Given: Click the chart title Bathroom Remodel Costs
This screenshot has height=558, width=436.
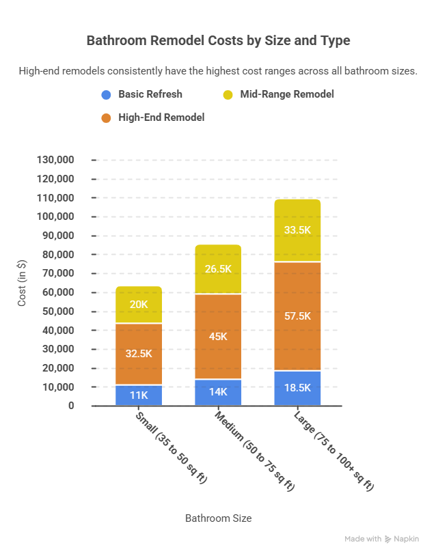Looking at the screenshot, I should [218, 41].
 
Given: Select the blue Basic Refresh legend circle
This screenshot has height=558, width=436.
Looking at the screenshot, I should [106, 95].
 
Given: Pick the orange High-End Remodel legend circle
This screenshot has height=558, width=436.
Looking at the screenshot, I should [106, 118].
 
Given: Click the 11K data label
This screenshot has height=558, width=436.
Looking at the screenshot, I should [138, 395].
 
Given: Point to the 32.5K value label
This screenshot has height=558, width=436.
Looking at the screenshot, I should [138, 354].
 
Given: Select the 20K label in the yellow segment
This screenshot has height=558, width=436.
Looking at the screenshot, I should [138, 305].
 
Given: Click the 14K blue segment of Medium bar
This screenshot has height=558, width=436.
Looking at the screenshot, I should [218, 393].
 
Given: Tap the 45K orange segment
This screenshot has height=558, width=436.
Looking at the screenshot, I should [218, 336].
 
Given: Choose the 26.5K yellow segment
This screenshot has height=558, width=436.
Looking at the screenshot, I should [218, 269].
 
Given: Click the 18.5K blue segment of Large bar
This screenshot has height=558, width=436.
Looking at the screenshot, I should [297, 388].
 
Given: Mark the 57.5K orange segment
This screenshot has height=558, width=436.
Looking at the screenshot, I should [297, 316].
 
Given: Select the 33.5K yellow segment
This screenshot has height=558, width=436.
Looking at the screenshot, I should [297, 230].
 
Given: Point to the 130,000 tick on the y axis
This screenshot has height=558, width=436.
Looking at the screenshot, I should [64, 160].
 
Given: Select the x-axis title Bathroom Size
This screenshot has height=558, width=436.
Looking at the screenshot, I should [218, 518].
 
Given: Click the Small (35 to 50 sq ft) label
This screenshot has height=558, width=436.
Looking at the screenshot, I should [170, 448].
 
